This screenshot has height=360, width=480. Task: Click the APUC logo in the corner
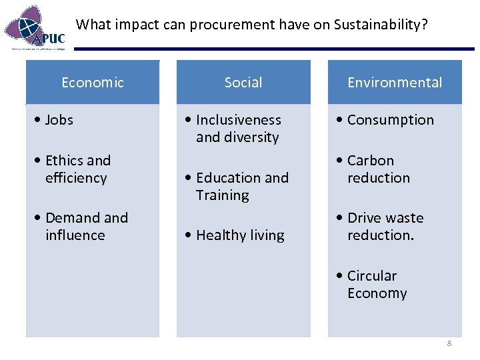click(36, 28)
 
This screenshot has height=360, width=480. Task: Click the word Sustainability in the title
click(381, 25)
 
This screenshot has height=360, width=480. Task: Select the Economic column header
click(93, 83)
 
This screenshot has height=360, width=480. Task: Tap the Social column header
click(243, 83)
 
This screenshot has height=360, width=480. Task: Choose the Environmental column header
click(395, 83)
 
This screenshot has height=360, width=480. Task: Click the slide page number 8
click(449, 343)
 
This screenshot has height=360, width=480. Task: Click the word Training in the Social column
click(223, 195)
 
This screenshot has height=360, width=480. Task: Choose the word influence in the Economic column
click(75, 235)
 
